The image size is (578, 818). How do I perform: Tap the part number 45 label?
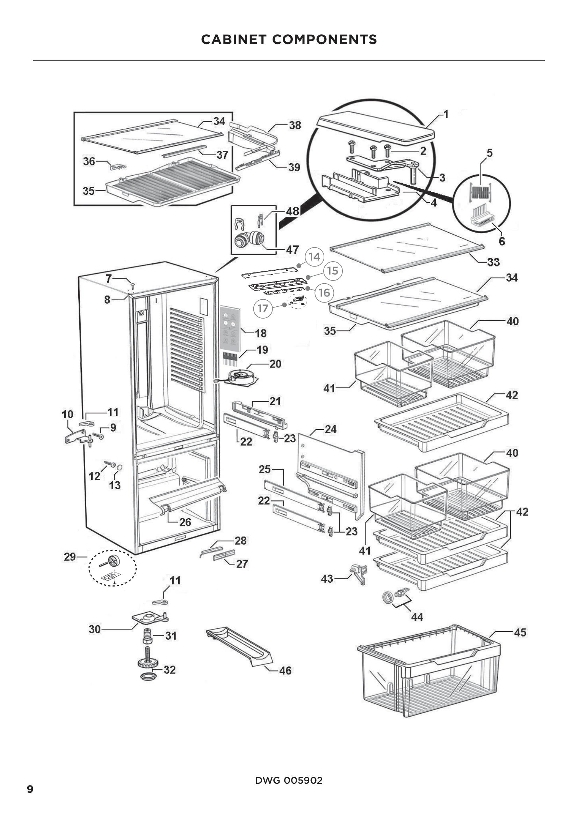click(520, 632)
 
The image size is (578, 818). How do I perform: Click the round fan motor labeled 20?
click(240, 377)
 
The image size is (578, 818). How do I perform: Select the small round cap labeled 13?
click(120, 467)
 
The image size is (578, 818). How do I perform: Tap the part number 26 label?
click(185, 522)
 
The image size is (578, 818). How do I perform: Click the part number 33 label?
click(493, 262)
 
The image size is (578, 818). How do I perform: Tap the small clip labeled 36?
click(117, 166)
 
